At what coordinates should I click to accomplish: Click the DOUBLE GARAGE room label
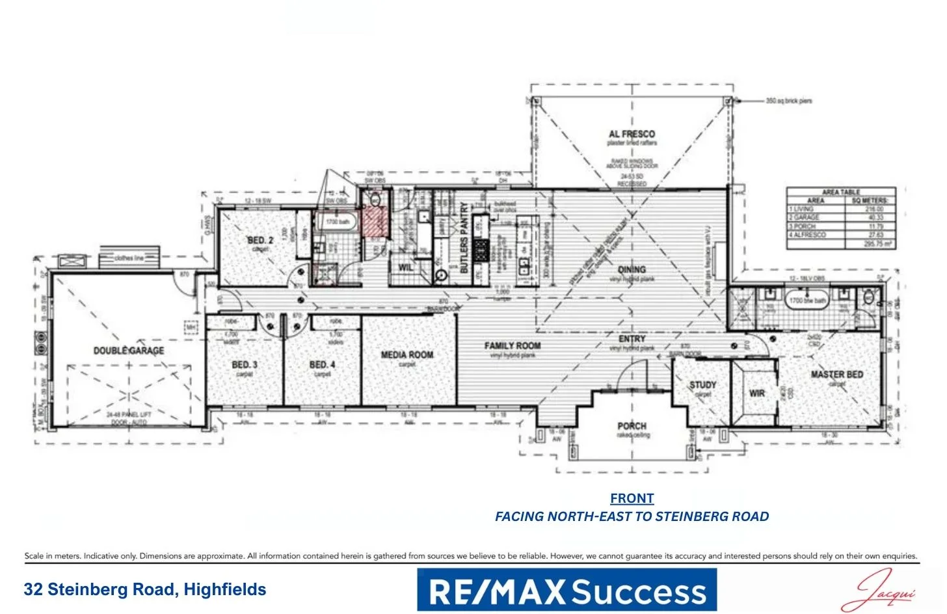click(129, 351)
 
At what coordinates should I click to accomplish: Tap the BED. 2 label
click(260, 240)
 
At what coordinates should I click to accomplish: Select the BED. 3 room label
click(245, 365)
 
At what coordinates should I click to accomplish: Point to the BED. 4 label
click(323, 365)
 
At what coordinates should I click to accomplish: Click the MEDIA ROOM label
click(407, 354)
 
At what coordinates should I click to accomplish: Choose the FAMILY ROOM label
click(513, 345)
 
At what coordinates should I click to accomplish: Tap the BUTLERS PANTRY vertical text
click(464, 237)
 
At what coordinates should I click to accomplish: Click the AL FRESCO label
click(632, 133)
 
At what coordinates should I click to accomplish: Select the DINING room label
click(632, 269)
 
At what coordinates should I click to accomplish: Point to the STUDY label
click(702, 385)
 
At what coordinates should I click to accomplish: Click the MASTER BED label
click(837, 375)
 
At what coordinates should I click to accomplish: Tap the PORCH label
click(632, 426)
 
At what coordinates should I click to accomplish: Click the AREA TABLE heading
click(840, 192)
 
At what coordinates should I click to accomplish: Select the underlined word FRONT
click(632, 498)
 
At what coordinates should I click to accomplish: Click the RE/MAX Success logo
click(567, 590)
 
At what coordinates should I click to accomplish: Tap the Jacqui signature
click(878, 590)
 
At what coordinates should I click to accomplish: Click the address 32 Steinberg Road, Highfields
click(145, 589)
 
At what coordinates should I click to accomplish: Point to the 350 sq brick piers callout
click(788, 101)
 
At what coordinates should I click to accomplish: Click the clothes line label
click(129, 258)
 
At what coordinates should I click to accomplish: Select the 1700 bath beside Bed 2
click(337, 222)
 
